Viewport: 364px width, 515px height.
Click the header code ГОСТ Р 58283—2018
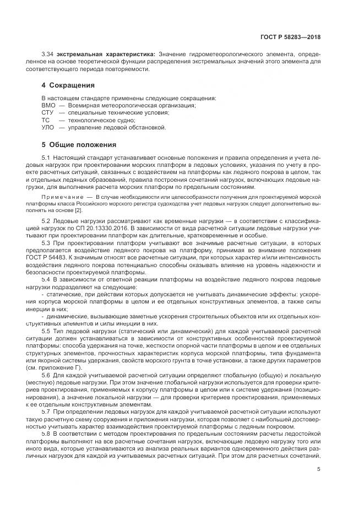pos(290,37)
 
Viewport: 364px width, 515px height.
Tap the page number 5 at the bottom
pos(319,469)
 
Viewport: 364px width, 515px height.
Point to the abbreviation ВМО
pos(48,105)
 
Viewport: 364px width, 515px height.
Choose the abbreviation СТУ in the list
pos(48,112)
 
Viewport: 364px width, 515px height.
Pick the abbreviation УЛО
pos(48,127)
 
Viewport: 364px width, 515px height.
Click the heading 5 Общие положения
pos(79,145)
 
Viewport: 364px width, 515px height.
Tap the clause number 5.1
pos(46,158)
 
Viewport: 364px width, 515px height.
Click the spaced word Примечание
pos(60,197)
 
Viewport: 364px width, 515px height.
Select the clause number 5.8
pos(46,434)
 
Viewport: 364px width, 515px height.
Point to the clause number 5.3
pos(46,242)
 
